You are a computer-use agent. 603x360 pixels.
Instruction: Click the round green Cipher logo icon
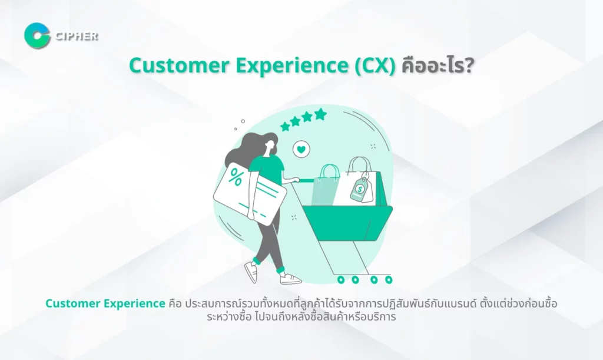[x=37, y=36]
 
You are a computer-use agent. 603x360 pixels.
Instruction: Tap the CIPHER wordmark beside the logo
[x=77, y=37]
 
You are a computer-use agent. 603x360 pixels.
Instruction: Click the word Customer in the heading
[x=179, y=65]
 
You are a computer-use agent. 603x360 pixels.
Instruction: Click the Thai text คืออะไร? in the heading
[x=438, y=65]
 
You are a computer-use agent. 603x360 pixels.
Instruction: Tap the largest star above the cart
[x=320, y=114]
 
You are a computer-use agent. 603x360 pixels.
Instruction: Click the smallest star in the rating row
[x=285, y=127]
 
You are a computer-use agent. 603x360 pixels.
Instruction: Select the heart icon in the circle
[x=301, y=149]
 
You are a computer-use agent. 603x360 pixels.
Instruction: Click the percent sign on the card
[x=236, y=178]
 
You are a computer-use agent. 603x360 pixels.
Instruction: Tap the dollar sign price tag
[x=360, y=189]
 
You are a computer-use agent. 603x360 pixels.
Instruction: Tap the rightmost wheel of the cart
[x=389, y=280]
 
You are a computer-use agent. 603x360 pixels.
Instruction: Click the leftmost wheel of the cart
[x=340, y=280]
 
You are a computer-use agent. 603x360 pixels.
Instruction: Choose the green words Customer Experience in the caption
[x=105, y=303]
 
